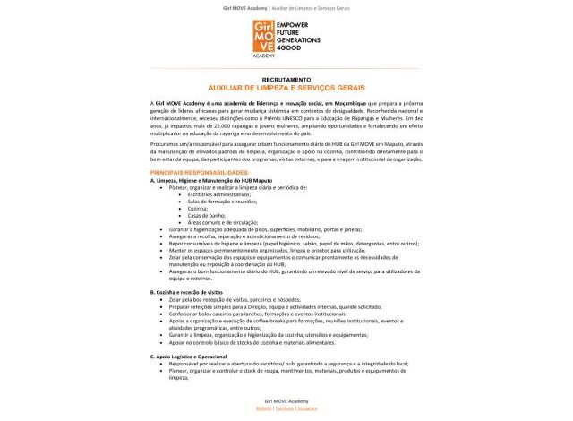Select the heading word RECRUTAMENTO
(x=286, y=80)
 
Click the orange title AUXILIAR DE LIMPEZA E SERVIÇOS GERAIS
(x=286, y=88)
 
